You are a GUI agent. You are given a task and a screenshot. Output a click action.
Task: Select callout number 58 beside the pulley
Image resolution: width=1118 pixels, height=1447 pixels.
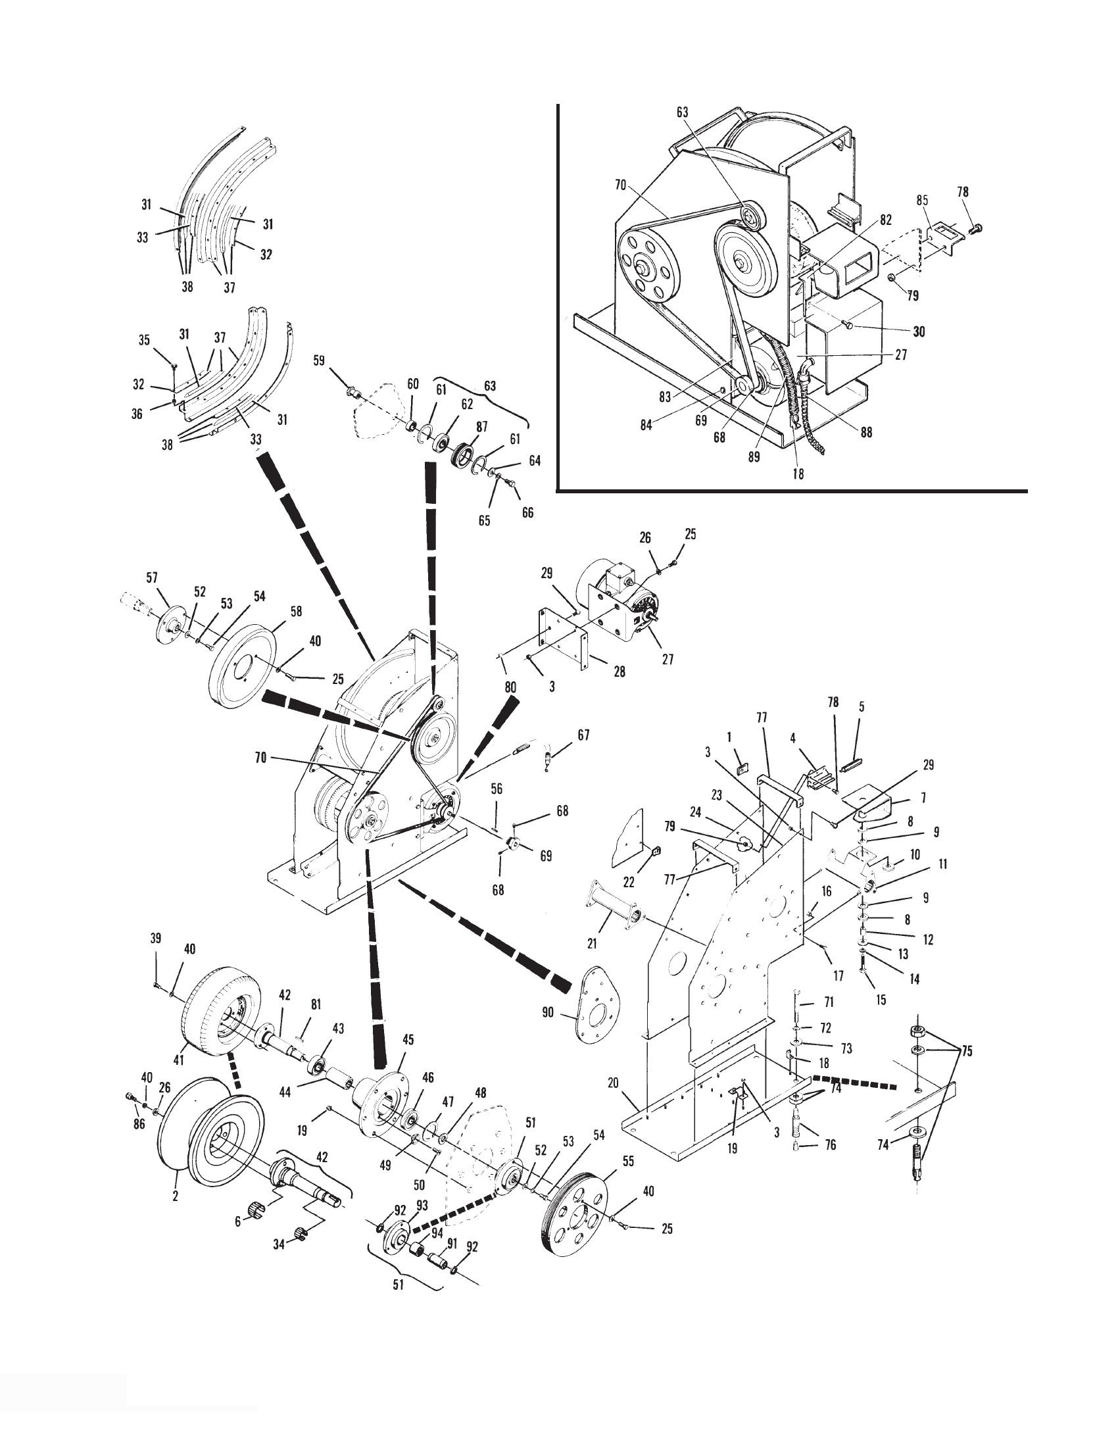tap(296, 611)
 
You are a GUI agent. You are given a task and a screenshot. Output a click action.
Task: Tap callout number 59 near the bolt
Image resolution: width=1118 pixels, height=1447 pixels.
tap(319, 361)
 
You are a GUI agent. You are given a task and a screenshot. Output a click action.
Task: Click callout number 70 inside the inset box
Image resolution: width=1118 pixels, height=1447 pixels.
tap(620, 186)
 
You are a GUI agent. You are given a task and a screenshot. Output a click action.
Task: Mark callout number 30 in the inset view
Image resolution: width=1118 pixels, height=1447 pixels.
tap(919, 331)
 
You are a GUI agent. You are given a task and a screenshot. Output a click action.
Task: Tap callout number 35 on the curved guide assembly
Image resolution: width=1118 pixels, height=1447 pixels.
tap(145, 341)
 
